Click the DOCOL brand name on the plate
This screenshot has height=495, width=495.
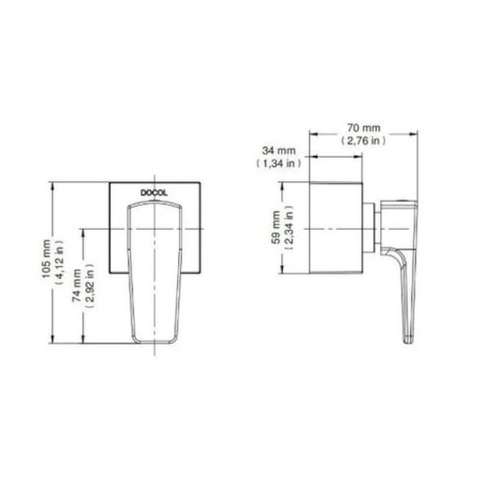[x=154, y=192]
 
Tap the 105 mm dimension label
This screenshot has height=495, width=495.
[x=47, y=259]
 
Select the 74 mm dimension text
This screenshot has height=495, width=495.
[x=77, y=285]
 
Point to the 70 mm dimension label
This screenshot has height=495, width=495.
[x=363, y=128]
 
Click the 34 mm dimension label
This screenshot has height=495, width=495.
[x=278, y=150]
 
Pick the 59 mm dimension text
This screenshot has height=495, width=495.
[x=276, y=227]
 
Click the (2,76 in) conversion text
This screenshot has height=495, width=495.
[x=363, y=140]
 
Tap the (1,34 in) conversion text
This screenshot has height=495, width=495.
[x=278, y=163]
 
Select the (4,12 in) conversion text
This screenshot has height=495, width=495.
[x=59, y=262]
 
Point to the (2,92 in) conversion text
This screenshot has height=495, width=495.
[x=89, y=286]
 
